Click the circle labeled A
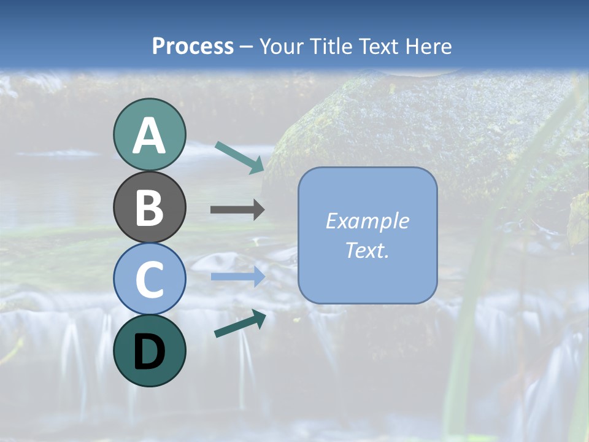tap(149, 135)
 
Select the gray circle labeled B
tap(149, 207)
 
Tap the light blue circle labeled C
tap(149, 279)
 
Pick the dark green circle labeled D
tap(149, 351)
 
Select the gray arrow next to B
tap(237, 210)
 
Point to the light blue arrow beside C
tap(237, 277)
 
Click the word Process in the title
tap(193, 47)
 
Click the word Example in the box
tap(367, 221)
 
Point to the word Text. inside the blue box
tap(367, 250)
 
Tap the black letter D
tap(149, 352)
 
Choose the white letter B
tap(149, 207)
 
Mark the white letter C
tap(149, 279)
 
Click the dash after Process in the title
tap(247, 47)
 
